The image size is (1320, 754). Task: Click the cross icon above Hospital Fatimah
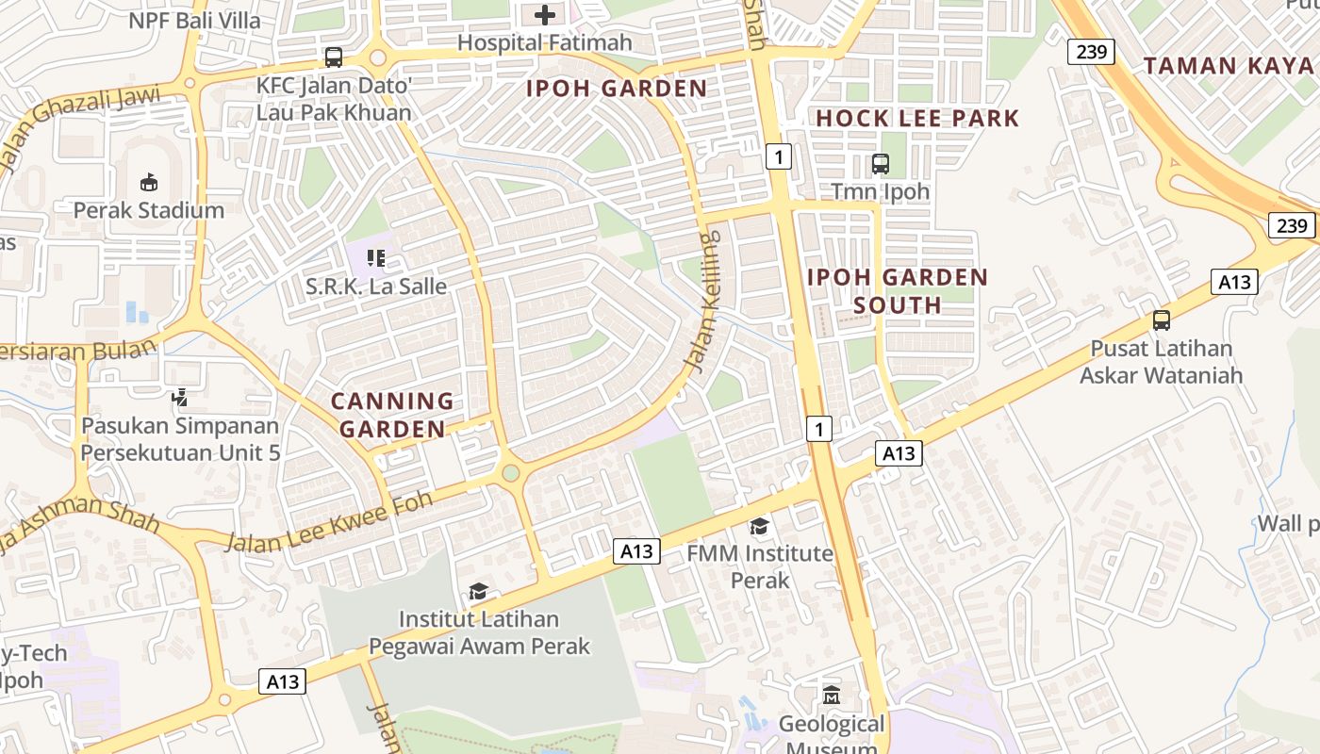pyautogui.click(x=545, y=15)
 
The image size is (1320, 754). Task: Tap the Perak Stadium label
pyautogui.click(x=149, y=210)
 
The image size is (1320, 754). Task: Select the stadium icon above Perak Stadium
pyautogui.click(x=149, y=182)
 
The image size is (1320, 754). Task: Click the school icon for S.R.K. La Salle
pyautogui.click(x=376, y=257)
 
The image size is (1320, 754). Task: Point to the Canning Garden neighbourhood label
pyautogui.click(x=392, y=415)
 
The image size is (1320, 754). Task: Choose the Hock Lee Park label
pyautogui.click(x=917, y=118)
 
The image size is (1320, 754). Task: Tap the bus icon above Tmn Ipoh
pyautogui.click(x=880, y=164)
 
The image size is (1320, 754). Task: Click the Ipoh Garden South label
pyautogui.click(x=898, y=290)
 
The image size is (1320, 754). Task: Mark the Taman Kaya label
pyautogui.click(x=1229, y=65)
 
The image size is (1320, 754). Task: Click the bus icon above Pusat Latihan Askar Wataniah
pyautogui.click(x=1162, y=320)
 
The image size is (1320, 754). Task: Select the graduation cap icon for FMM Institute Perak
pyautogui.click(x=760, y=526)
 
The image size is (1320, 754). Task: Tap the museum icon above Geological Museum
pyautogui.click(x=831, y=696)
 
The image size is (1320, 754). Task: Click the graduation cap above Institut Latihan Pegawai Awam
pyautogui.click(x=479, y=592)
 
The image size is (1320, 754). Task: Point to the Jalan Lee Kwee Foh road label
pyautogui.click(x=330, y=521)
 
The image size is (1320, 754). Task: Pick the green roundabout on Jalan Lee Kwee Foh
pyautogui.click(x=510, y=472)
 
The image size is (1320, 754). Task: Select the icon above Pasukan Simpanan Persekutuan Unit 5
pyautogui.click(x=180, y=398)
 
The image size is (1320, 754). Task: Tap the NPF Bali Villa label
pyautogui.click(x=194, y=20)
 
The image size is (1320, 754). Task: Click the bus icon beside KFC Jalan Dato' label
pyautogui.click(x=334, y=57)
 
